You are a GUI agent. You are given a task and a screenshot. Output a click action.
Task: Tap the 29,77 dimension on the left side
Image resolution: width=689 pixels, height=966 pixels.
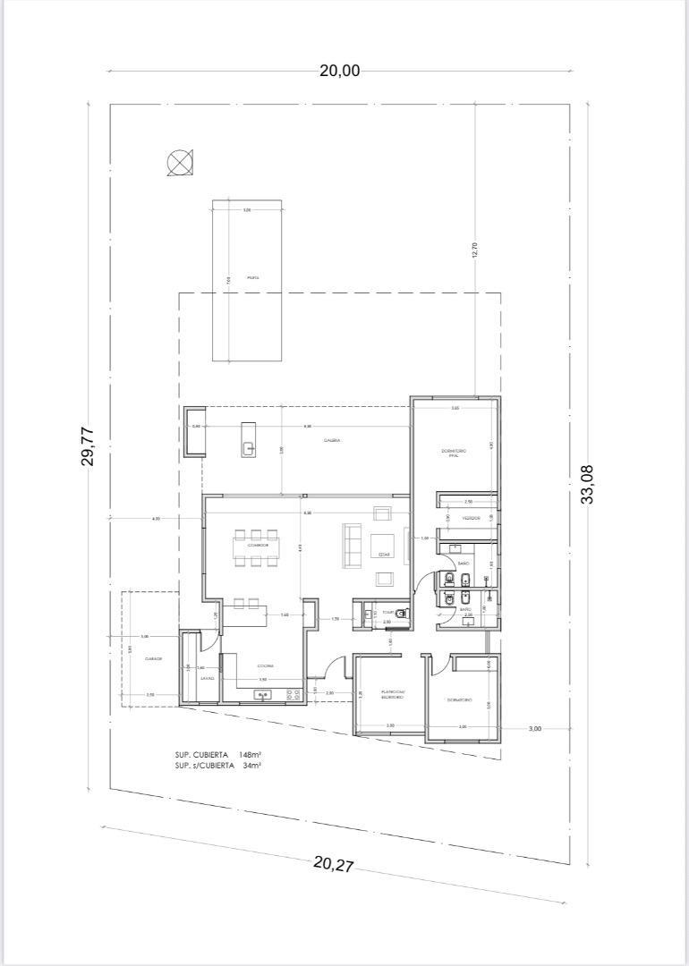coord(89,445)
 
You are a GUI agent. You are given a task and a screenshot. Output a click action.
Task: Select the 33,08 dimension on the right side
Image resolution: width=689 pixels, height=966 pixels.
coord(588,484)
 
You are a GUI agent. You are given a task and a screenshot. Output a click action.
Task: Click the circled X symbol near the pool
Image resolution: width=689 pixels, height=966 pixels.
coord(179,163)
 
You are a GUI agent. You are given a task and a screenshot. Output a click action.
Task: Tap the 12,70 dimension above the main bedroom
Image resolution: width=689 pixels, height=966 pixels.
coord(475,250)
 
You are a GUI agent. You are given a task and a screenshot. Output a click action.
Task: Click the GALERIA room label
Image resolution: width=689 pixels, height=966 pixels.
coord(330,440)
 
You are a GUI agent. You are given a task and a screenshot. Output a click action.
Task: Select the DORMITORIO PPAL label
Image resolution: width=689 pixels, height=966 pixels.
coord(455,453)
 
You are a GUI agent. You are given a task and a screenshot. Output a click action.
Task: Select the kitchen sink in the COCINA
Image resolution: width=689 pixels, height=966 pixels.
coord(263,694)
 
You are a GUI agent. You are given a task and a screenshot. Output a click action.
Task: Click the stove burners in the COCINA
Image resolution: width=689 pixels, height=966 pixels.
coord(293,694)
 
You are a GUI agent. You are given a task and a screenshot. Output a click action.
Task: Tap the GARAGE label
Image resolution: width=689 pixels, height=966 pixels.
coord(152,658)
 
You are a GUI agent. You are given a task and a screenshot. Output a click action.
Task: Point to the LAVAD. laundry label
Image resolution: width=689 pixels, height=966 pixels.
coord(207,678)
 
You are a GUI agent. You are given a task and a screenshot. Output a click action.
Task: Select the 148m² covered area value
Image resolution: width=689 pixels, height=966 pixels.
coord(250,755)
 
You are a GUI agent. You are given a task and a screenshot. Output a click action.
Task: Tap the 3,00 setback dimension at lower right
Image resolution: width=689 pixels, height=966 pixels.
coord(534,729)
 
